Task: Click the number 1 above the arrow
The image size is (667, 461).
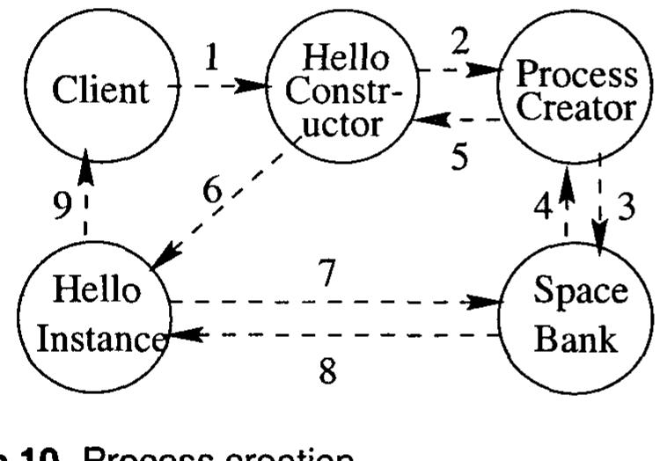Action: coord(210,59)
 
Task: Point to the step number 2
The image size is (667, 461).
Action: coord(461,40)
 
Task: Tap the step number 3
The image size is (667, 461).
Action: coord(626,208)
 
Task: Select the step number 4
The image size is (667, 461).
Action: coord(544,208)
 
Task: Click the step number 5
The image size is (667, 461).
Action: coord(459,156)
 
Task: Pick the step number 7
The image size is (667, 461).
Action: coord(327,274)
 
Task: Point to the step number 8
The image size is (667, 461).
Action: coord(327,370)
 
